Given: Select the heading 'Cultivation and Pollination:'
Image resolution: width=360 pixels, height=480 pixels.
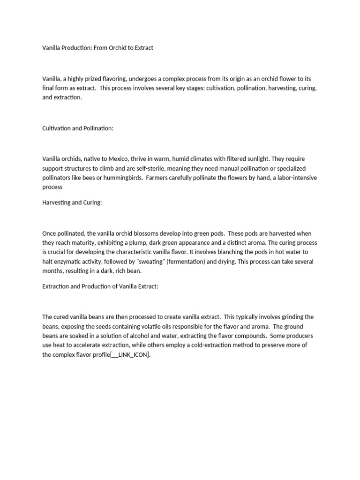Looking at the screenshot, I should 78,128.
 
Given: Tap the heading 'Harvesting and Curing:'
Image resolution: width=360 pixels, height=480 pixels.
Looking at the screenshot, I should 72,202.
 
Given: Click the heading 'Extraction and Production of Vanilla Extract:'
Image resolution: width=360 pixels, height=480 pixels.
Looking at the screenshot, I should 100,286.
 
